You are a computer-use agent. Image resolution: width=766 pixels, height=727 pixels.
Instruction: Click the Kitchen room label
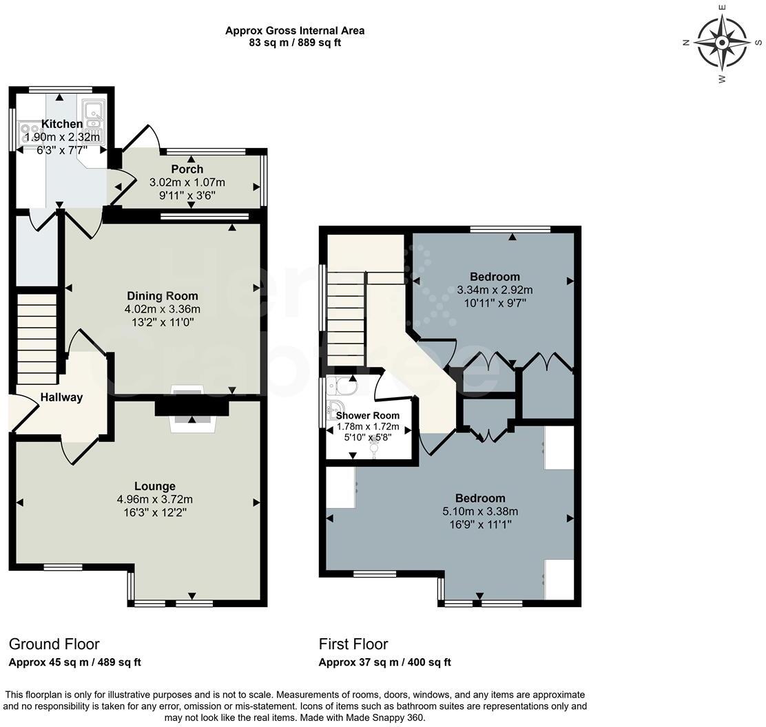click(x=62, y=124)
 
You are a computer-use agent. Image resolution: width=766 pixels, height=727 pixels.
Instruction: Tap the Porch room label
click(x=187, y=169)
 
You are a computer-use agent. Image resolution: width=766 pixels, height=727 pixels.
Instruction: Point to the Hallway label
click(x=61, y=397)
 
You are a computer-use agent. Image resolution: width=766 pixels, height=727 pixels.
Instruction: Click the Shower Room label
click(x=367, y=415)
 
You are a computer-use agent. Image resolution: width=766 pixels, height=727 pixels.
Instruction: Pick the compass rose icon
click(x=722, y=43)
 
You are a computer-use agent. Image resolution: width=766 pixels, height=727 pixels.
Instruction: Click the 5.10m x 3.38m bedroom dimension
click(x=480, y=512)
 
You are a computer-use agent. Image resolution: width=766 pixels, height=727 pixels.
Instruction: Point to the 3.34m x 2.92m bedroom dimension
click(x=495, y=290)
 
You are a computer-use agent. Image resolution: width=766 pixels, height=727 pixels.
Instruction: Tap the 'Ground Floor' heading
click(x=54, y=644)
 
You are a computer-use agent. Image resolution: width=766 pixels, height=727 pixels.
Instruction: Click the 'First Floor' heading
click(x=353, y=644)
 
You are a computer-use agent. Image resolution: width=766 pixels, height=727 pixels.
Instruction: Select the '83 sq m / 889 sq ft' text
click(x=295, y=43)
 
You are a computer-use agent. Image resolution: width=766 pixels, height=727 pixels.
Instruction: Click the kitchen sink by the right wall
click(x=92, y=119)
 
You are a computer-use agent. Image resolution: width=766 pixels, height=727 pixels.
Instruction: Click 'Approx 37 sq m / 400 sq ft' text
click(x=384, y=662)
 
